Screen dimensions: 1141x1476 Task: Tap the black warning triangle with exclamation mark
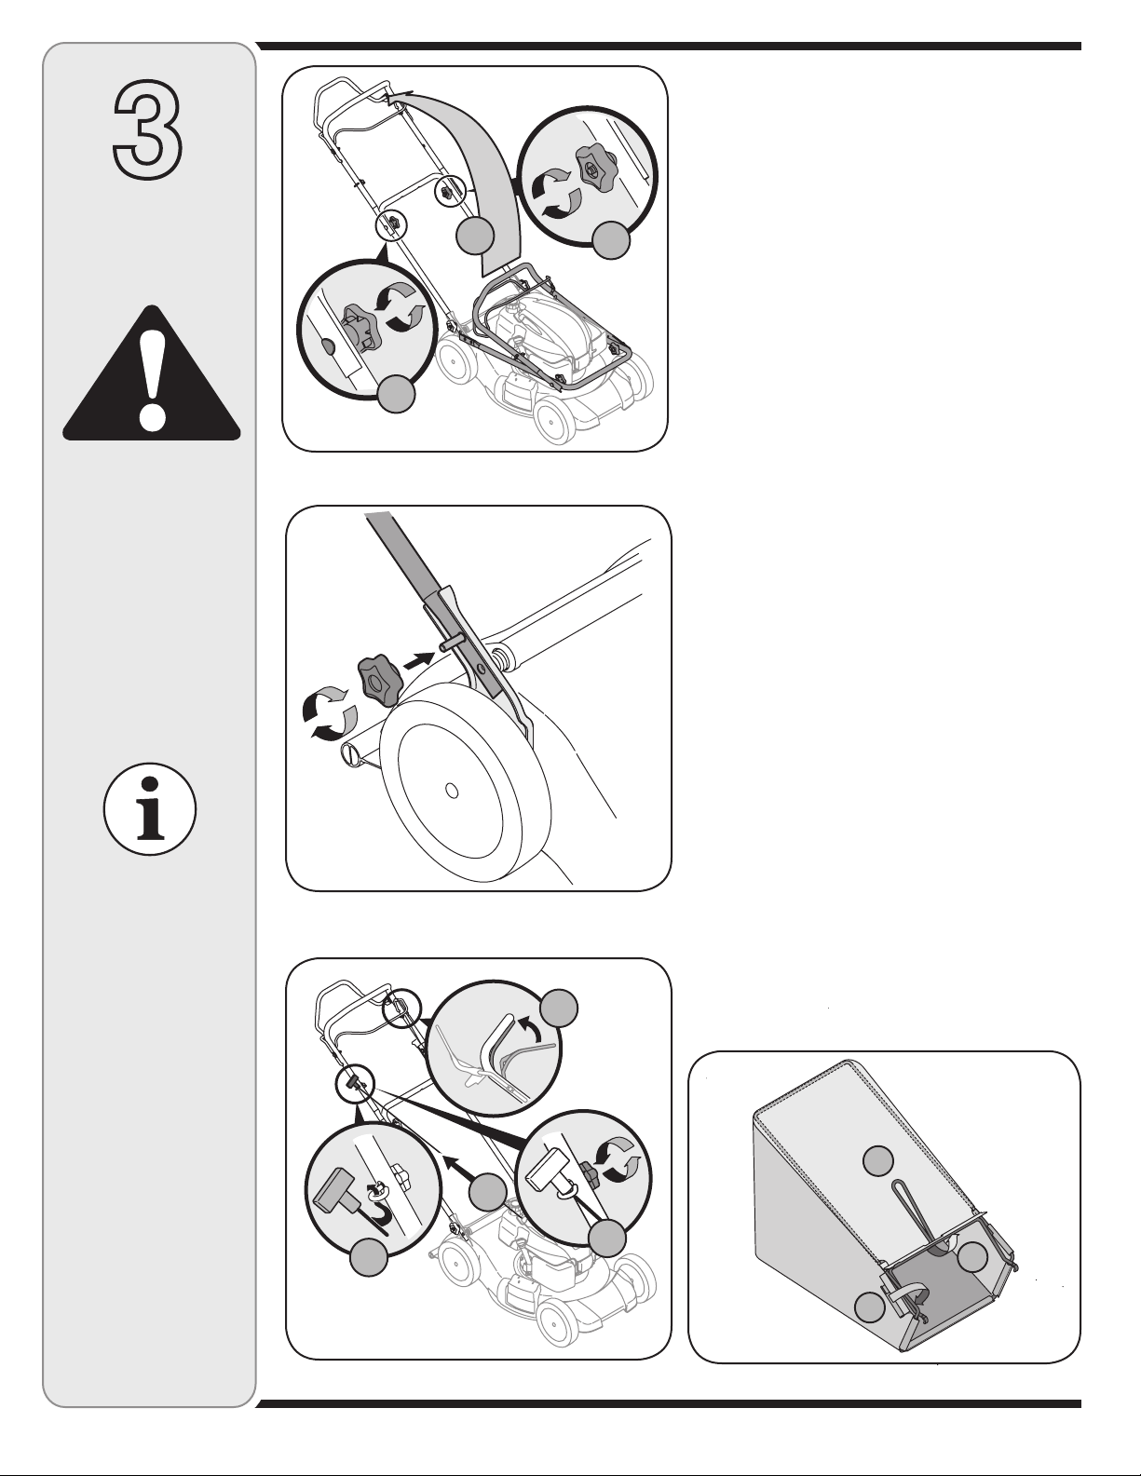tap(152, 374)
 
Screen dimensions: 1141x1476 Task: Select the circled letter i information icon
tap(150, 809)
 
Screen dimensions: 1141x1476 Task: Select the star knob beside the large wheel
tap(378, 679)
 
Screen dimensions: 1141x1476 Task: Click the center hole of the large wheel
tap(450, 790)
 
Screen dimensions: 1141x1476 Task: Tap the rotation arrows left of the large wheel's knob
tap(329, 712)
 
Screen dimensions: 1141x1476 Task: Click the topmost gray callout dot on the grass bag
tap(879, 1160)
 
